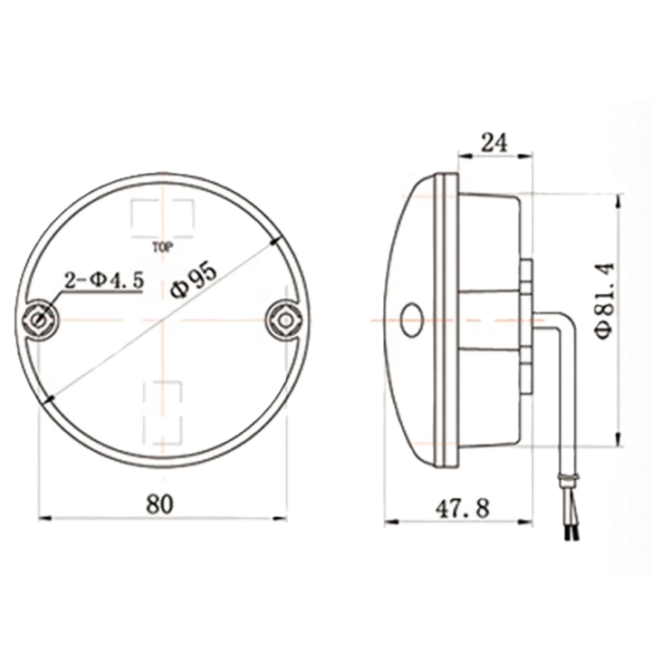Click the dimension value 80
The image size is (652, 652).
tap(158, 504)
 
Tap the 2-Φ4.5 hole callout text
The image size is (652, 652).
tap(104, 280)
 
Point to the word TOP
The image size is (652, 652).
tap(163, 249)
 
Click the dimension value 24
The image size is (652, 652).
tap(494, 143)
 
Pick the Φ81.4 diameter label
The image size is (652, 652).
tap(605, 301)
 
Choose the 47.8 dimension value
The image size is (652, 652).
tap(463, 508)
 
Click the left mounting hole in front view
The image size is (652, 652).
tap(41, 320)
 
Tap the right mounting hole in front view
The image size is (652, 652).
tap(285, 321)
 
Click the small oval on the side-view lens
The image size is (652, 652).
tap(411, 319)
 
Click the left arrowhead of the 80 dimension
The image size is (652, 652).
tap(45, 518)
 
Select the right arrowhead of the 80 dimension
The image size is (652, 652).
tap(280, 518)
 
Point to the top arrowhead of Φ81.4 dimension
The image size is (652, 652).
tap(619, 201)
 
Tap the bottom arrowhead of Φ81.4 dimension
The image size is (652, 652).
tap(619, 438)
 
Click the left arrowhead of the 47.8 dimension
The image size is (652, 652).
tap(391, 522)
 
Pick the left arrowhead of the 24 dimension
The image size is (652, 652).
tap(465, 156)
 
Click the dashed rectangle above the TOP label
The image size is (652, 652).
tap(163, 219)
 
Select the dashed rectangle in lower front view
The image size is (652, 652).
tap(163, 412)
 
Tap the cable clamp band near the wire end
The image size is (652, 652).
tap(569, 477)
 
